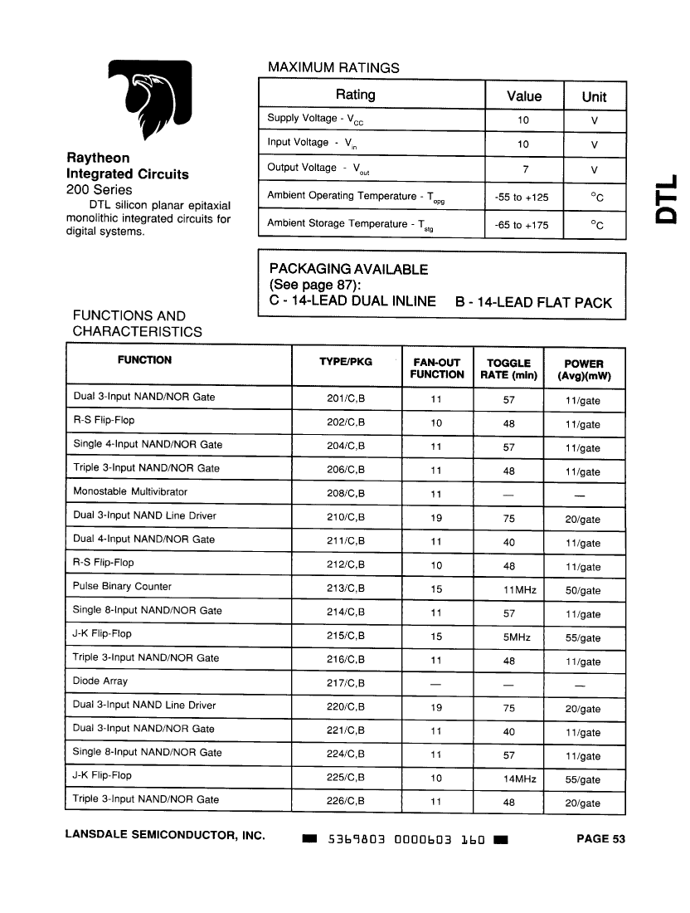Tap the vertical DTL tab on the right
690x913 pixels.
point(667,199)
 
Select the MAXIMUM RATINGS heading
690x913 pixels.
point(333,67)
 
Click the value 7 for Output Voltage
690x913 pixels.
point(522,169)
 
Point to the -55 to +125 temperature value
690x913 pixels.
point(522,198)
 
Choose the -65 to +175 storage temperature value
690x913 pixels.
point(522,225)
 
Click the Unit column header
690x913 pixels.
point(594,96)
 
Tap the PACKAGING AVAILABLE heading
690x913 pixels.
point(348,270)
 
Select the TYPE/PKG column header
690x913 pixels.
point(346,362)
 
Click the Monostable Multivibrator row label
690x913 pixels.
point(130,491)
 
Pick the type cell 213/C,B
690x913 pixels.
point(346,590)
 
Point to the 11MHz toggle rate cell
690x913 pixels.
point(509,590)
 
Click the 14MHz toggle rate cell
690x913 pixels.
point(509,779)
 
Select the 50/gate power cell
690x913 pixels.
point(583,591)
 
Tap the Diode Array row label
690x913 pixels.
point(100,681)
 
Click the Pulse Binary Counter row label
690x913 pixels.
point(122,586)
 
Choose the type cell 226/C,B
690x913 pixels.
point(346,803)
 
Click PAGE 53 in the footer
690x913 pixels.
point(600,838)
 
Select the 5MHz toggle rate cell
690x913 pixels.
point(509,637)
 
